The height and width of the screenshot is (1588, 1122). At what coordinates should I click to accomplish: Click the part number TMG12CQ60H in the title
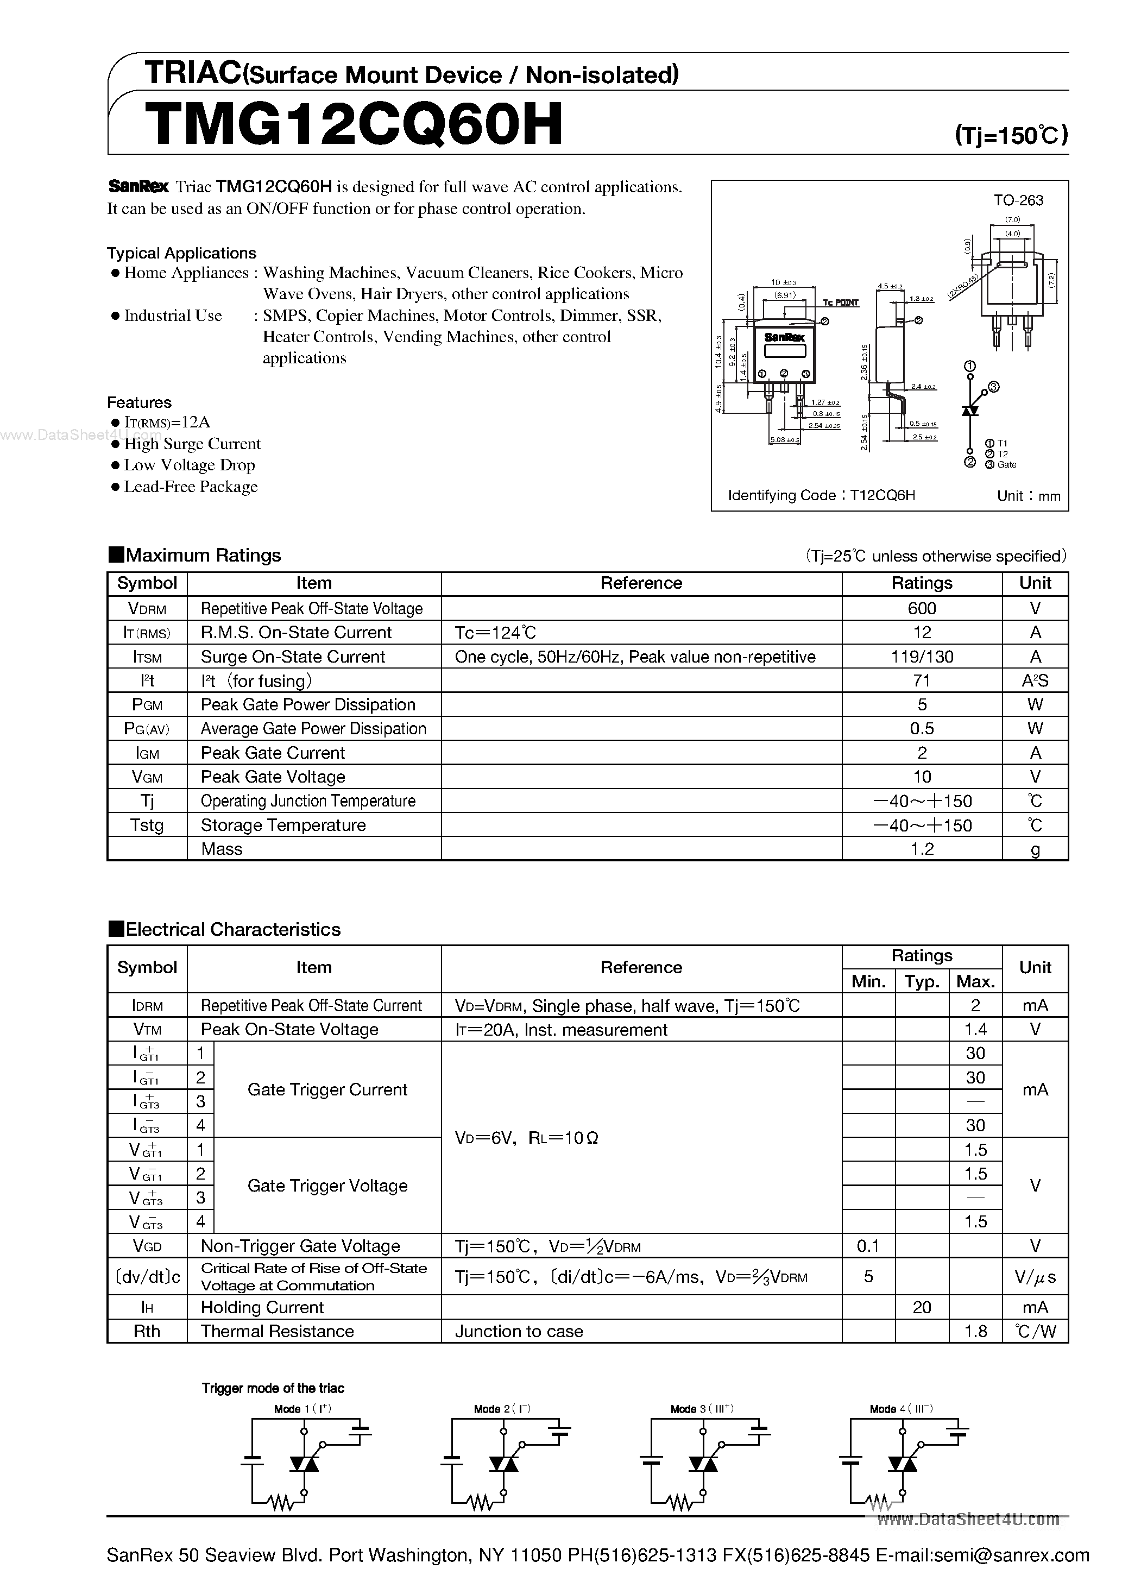coord(354,125)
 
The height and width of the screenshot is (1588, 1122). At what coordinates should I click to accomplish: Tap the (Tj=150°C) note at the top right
coord(1011,134)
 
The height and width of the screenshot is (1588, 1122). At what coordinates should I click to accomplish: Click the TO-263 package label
coord(1018,200)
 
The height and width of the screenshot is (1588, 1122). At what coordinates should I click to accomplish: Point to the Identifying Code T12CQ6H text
coord(821,495)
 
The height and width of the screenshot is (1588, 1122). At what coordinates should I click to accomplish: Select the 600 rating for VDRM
coord(922,609)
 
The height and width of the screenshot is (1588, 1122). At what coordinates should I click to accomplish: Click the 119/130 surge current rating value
coord(922,657)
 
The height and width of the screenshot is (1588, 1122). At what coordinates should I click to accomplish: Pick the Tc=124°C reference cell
coord(495,632)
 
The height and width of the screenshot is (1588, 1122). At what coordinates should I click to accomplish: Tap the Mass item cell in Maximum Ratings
coord(222,849)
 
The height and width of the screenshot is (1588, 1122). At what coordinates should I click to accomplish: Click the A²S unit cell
coord(1035,680)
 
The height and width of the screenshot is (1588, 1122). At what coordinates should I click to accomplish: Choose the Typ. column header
coord(922,981)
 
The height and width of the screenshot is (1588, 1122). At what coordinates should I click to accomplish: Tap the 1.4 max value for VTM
coord(975,1030)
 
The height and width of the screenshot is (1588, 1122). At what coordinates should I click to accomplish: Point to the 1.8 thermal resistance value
coord(975,1332)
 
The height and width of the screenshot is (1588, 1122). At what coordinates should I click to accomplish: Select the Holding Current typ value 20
coord(922,1307)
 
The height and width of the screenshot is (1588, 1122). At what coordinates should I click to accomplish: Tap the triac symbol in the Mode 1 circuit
coord(304,1464)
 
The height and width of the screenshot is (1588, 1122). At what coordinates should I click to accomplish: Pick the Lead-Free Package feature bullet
coord(190,487)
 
